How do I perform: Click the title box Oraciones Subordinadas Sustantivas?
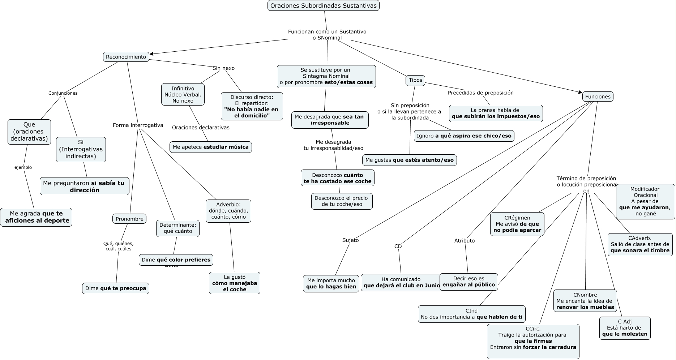click(x=323, y=5)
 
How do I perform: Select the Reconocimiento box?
click(x=126, y=57)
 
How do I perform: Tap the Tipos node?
click(x=415, y=80)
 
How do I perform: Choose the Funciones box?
click(x=598, y=97)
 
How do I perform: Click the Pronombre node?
click(x=129, y=219)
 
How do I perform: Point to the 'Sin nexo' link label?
click(x=223, y=68)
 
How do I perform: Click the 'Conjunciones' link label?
click(x=63, y=93)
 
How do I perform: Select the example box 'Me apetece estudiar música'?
click(x=210, y=147)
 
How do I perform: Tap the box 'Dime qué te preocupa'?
click(x=116, y=288)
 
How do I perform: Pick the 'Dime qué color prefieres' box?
click(x=176, y=260)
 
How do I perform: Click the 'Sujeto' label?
click(x=350, y=240)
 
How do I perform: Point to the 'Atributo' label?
click(x=465, y=241)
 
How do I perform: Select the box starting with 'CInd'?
click(x=471, y=314)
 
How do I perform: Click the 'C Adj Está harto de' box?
click(x=625, y=328)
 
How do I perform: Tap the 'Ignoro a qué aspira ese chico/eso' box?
click(x=464, y=136)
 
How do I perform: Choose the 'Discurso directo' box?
click(x=252, y=106)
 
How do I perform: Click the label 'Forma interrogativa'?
click(x=138, y=125)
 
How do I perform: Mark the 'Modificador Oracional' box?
click(x=645, y=201)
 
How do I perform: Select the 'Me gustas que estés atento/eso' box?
click(x=409, y=160)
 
